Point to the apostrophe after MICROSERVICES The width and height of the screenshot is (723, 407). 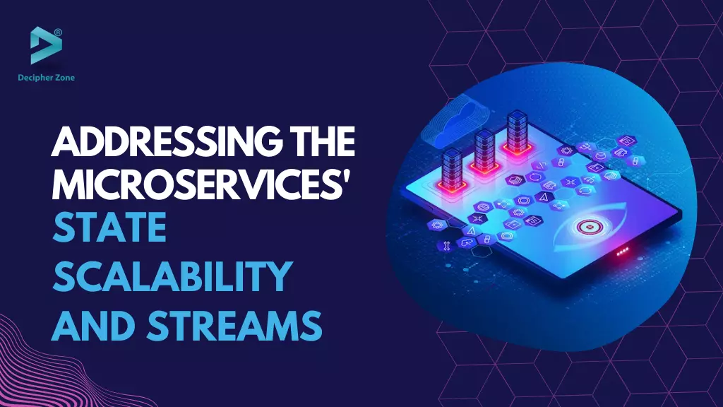click(347, 176)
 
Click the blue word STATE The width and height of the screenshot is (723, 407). click(109, 228)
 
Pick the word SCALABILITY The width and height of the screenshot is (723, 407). click(172, 276)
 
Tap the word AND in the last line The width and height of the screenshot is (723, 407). click(94, 325)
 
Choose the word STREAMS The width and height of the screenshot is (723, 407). click(234, 325)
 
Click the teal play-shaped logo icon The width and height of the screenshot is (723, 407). click(45, 45)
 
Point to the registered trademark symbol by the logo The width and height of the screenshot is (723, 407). click(58, 33)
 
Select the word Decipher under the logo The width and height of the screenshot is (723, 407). click(34, 78)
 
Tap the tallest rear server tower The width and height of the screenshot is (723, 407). click(517, 131)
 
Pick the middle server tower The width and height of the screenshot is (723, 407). click(484, 150)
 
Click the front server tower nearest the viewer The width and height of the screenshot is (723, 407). click(451, 169)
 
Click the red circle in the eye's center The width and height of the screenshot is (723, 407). click(588, 227)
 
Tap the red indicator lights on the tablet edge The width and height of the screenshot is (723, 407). click(623, 252)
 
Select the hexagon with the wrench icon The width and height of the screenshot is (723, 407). click(446, 246)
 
